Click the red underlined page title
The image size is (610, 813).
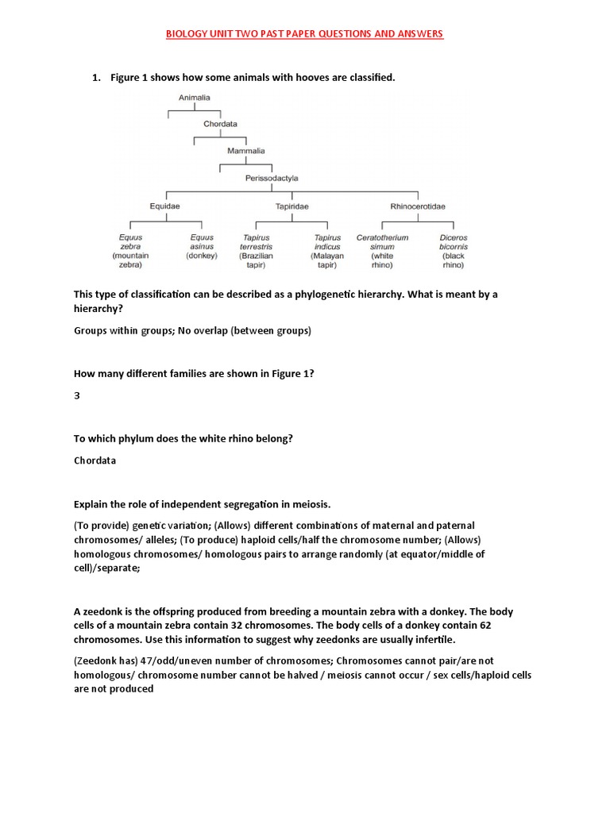pos(304,34)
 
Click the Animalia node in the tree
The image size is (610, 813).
pos(194,98)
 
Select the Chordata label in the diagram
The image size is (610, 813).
pos(220,124)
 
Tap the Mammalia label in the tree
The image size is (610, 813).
pos(246,150)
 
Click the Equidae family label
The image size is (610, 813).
pos(165,206)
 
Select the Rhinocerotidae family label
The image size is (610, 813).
pos(418,206)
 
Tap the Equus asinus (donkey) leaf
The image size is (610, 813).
pos(202,246)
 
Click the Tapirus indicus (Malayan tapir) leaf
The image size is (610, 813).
pos(327,251)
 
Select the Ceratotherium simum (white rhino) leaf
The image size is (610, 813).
pos(383,251)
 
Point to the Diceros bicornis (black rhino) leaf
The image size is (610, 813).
pos(454,251)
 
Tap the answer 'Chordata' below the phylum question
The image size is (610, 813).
pos(95,460)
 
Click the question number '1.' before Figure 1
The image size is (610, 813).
pos(97,77)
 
